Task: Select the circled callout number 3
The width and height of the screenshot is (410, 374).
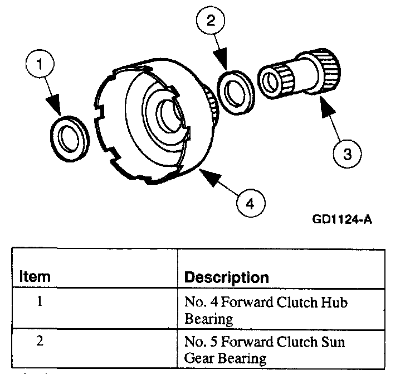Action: pyautogui.click(x=346, y=153)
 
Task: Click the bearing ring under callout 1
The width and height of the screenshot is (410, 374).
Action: pyautogui.click(x=70, y=136)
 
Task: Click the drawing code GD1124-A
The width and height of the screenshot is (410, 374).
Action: pyautogui.click(x=341, y=219)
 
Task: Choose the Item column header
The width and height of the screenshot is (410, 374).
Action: pyautogui.click(x=35, y=276)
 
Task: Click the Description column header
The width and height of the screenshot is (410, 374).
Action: pyautogui.click(x=226, y=277)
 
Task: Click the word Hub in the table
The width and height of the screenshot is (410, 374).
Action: pyautogui.click(x=334, y=303)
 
